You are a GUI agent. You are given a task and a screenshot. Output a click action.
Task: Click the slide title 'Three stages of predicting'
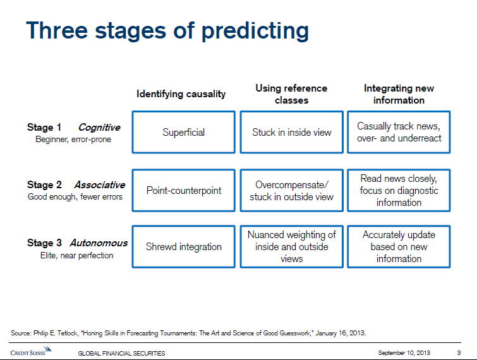click(x=167, y=31)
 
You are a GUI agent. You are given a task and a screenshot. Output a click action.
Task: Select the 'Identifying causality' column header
click(x=181, y=94)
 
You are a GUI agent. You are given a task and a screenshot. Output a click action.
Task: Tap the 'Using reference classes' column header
click(x=291, y=94)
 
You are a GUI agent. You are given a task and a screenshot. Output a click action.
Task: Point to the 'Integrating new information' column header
click(x=399, y=94)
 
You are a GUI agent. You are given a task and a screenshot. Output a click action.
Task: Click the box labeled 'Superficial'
click(x=184, y=133)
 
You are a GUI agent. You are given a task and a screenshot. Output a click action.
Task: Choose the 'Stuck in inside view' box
click(x=291, y=133)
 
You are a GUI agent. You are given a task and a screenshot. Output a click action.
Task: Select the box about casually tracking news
click(x=399, y=133)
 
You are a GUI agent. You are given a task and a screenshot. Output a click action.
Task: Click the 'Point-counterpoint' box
click(x=184, y=190)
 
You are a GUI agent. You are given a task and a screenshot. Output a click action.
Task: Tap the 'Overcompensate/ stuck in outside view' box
click(x=291, y=190)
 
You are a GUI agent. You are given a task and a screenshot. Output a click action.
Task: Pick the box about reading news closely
click(x=399, y=190)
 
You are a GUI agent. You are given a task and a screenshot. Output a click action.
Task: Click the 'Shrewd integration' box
click(x=184, y=247)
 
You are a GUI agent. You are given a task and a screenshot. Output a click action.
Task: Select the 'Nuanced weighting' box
click(x=291, y=247)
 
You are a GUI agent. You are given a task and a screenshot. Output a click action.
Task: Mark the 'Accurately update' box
click(x=399, y=247)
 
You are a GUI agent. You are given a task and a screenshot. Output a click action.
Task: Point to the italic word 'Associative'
click(x=99, y=185)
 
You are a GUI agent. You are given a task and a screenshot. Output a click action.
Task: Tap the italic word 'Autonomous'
click(x=99, y=243)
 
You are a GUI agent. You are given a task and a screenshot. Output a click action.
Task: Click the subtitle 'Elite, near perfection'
click(x=73, y=256)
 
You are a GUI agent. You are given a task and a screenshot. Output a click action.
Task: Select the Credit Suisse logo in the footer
click(x=31, y=352)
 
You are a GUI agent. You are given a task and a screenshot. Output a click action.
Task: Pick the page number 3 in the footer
click(x=458, y=352)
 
